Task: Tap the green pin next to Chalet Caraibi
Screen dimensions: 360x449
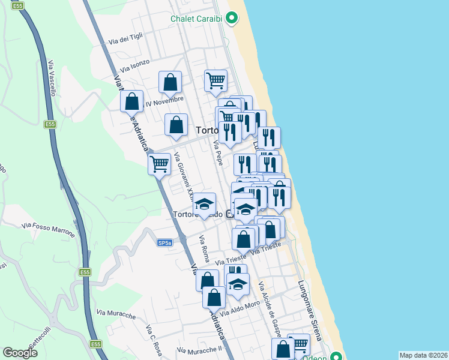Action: point(231,19)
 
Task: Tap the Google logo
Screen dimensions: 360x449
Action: point(20,352)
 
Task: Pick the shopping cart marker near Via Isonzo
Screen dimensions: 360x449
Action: point(215,80)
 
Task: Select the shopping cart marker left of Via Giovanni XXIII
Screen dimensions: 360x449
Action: point(159,163)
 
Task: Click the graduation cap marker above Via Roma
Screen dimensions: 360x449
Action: point(204,205)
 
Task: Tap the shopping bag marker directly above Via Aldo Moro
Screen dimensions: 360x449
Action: point(214,297)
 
